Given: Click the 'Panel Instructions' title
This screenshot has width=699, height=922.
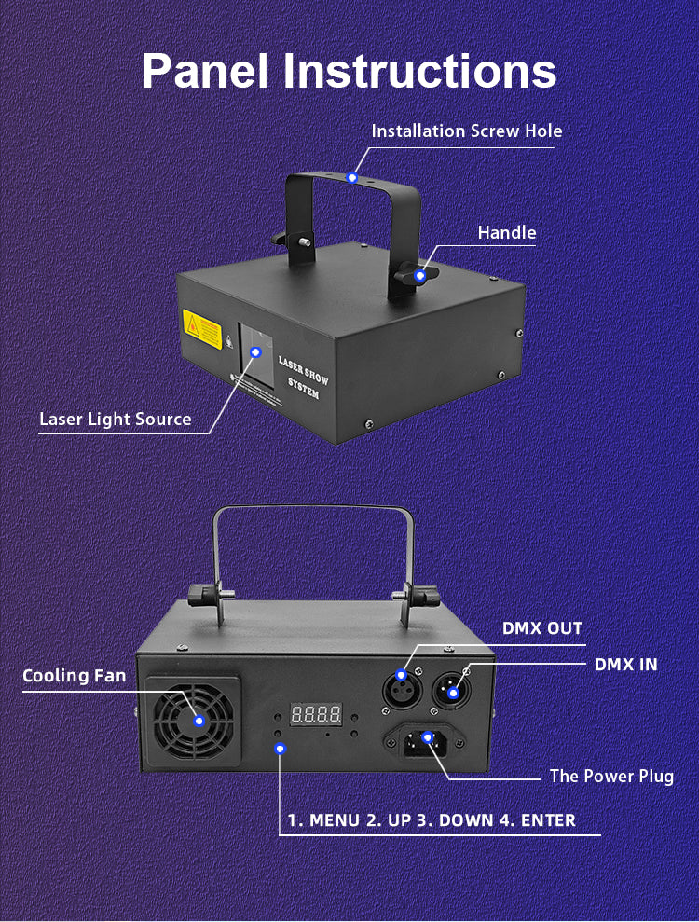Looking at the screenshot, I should (349, 71).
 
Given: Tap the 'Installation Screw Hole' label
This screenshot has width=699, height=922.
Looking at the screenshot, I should (467, 131).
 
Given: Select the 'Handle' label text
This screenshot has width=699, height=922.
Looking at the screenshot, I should (507, 232).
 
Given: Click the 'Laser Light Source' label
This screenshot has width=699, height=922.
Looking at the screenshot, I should (116, 419).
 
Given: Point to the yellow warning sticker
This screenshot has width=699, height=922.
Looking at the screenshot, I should (202, 328).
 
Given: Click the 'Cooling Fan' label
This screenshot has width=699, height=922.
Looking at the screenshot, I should (74, 675).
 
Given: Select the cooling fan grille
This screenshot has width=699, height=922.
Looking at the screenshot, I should (193, 720).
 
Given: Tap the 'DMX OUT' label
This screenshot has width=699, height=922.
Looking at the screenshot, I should (541, 628).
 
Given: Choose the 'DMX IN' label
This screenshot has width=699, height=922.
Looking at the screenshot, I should (625, 664).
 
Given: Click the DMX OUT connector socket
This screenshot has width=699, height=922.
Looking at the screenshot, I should (402, 689).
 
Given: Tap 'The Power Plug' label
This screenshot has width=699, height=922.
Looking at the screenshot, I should (611, 776).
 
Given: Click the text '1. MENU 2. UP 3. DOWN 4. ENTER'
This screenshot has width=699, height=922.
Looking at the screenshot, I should (431, 820).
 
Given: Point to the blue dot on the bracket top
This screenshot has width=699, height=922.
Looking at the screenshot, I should (351, 176).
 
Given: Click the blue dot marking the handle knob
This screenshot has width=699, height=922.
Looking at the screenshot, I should (420, 275).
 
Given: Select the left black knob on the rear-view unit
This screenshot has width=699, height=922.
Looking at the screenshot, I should (205, 595).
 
